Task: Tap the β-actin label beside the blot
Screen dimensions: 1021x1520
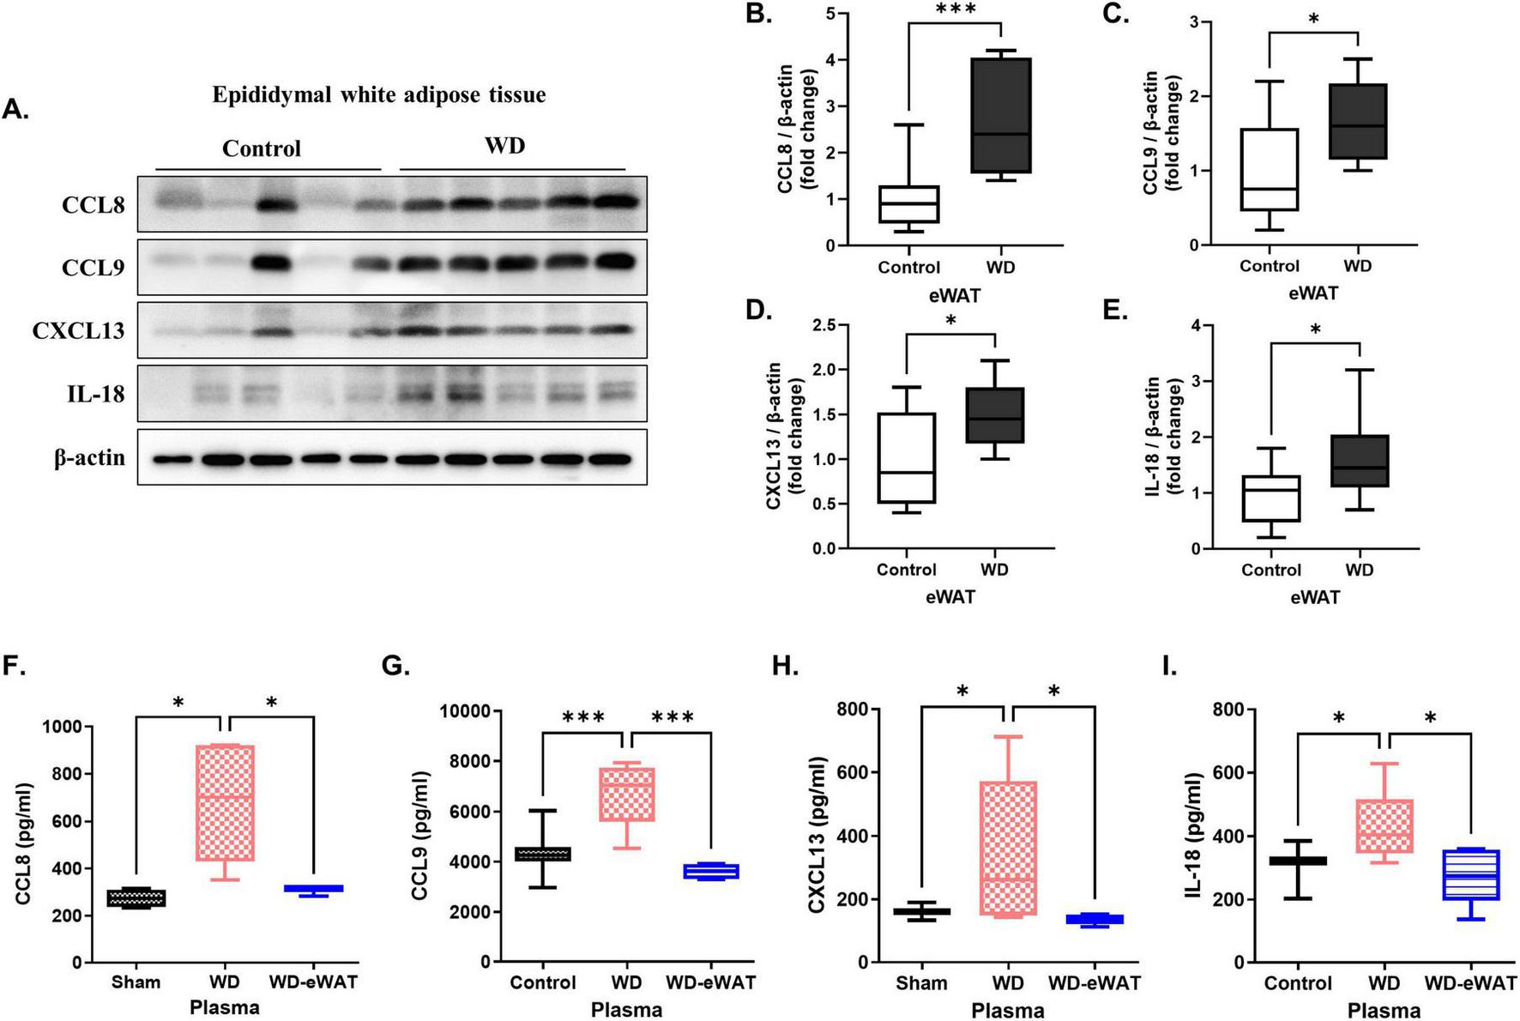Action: point(89,458)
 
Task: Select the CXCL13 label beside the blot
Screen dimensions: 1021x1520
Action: point(79,331)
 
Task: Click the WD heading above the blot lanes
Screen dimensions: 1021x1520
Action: point(504,145)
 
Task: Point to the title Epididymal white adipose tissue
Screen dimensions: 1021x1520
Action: point(379,94)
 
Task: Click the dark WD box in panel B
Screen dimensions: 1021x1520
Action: point(1001,116)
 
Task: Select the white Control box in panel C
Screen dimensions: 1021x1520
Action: point(1269,169)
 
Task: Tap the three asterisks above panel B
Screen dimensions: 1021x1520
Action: point(956,10)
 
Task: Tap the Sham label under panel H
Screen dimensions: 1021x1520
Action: point(922,982)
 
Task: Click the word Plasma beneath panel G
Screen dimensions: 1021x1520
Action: point(626,1010)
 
